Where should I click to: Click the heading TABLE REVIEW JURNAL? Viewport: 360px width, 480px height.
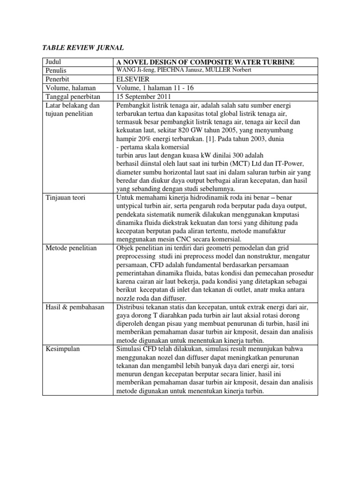pos(83,48)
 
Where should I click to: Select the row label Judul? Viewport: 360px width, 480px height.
pos(54,62)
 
